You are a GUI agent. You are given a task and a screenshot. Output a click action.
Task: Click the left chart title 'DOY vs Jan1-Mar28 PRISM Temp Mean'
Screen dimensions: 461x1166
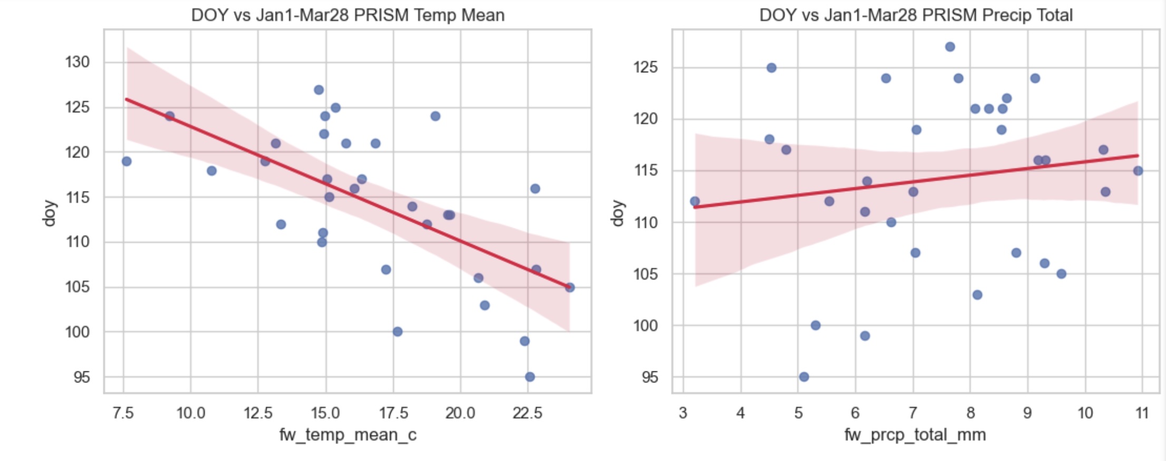(x=347, y=15)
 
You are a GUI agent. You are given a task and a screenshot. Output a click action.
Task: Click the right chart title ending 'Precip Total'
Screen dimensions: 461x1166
(x=916, y=15)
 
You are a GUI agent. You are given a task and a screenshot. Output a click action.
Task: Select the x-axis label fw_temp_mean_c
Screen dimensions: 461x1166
(x=347, y=435)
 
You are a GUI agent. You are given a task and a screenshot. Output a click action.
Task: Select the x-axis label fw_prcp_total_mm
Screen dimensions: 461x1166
(x=915, y=435)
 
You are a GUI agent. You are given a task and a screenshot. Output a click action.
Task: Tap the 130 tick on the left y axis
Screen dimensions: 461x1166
(x=77, y=62)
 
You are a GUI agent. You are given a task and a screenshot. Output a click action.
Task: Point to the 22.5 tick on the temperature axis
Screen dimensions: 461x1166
(x=527, y=412)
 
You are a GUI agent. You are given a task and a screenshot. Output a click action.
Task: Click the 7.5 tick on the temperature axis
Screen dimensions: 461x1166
(x=123, y=412)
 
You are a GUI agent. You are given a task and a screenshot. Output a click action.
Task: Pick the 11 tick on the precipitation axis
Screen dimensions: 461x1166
(x=1142, y=412)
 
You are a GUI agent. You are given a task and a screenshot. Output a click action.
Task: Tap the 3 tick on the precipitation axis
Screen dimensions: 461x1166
(x=683, y=412)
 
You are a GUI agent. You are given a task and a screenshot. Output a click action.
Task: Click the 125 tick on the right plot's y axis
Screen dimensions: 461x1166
(x=645, y=68)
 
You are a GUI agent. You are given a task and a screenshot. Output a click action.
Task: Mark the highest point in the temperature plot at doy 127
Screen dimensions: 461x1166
(x=319, y=90)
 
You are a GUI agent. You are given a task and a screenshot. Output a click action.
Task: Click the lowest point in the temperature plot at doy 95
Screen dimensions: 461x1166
(x=530, y=377)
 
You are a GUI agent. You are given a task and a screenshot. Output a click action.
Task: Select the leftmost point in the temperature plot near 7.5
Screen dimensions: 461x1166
(x=127, y=161)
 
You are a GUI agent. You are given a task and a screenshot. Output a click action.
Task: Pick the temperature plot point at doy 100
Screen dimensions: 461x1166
(x=397, y=332)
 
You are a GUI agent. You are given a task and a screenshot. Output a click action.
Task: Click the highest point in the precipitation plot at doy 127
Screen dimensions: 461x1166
(x=950, y=47)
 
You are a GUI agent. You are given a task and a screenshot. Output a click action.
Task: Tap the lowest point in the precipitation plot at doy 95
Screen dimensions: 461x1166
(x=804, y=377)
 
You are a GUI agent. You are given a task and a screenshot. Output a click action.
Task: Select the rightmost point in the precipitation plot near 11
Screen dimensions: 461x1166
(x=1138, y=171)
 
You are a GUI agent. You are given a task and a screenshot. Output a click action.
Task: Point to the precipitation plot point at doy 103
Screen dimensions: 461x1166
(x=977, y=295)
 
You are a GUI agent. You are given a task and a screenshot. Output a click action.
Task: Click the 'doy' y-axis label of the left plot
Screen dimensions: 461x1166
(x=49, y=213)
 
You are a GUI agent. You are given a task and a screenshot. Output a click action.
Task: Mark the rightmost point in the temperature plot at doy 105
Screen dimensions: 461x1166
(x=569, y=287)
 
